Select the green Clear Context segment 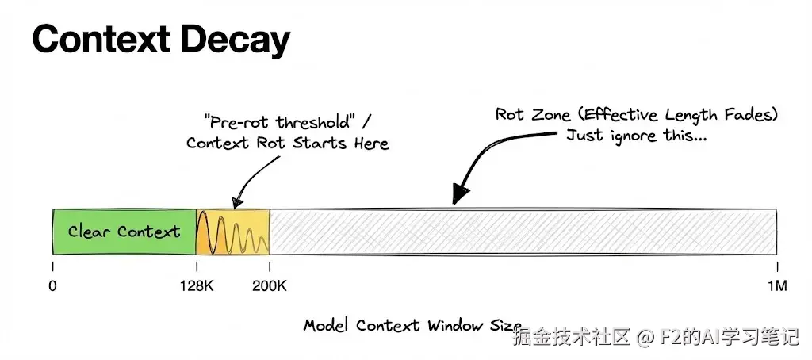pos(124,232)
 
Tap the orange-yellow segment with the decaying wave pos(233,232)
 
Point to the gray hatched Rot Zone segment pos(523,232)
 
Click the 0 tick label pos(52,286)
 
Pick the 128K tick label pos(196,286)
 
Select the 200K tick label pos(270,286)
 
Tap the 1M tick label pos(776,286)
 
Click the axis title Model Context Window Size pos(412,326)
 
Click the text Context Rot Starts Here pos(287,144)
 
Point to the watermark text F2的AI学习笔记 pos(727,339)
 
